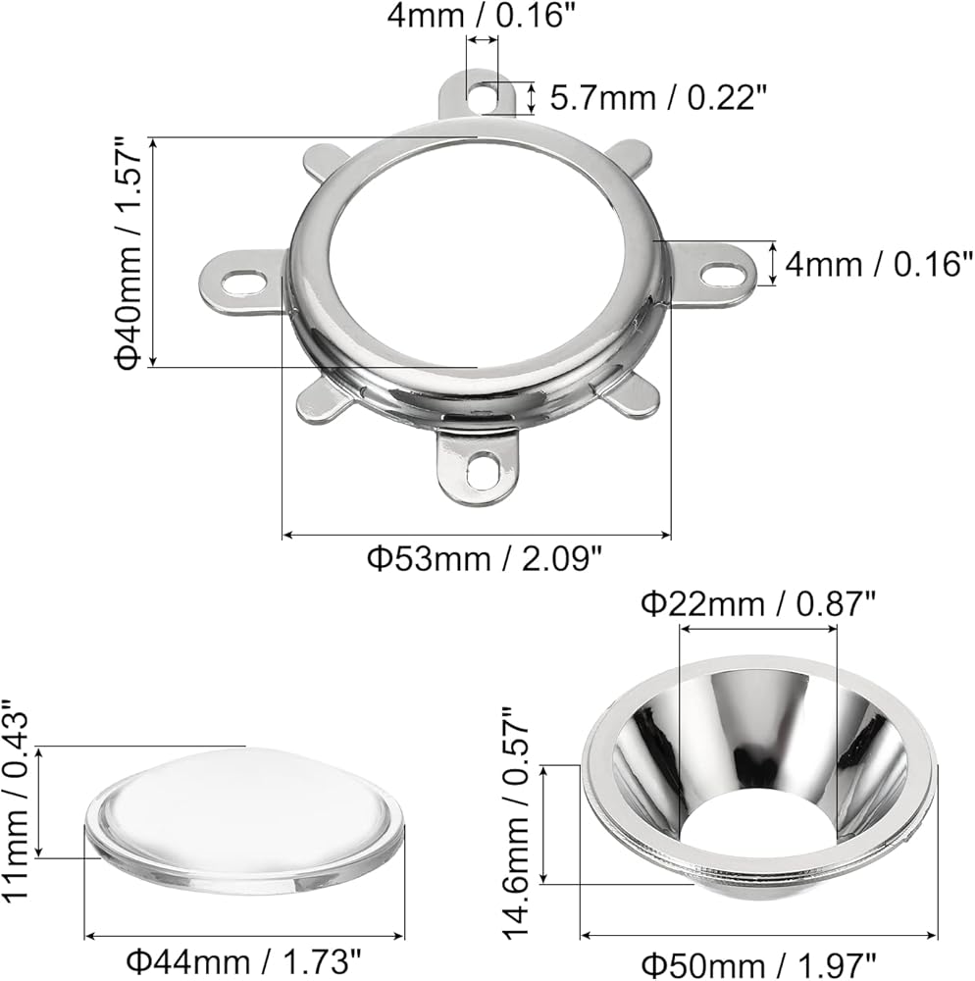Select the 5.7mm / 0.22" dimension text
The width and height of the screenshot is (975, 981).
click(x=658, y=97)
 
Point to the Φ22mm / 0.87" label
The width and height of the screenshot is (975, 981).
click(x=758, y=604)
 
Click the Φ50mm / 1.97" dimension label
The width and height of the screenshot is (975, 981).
click(x=758, y=964)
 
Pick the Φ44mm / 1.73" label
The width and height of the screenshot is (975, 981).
click(x=244, y=961)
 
